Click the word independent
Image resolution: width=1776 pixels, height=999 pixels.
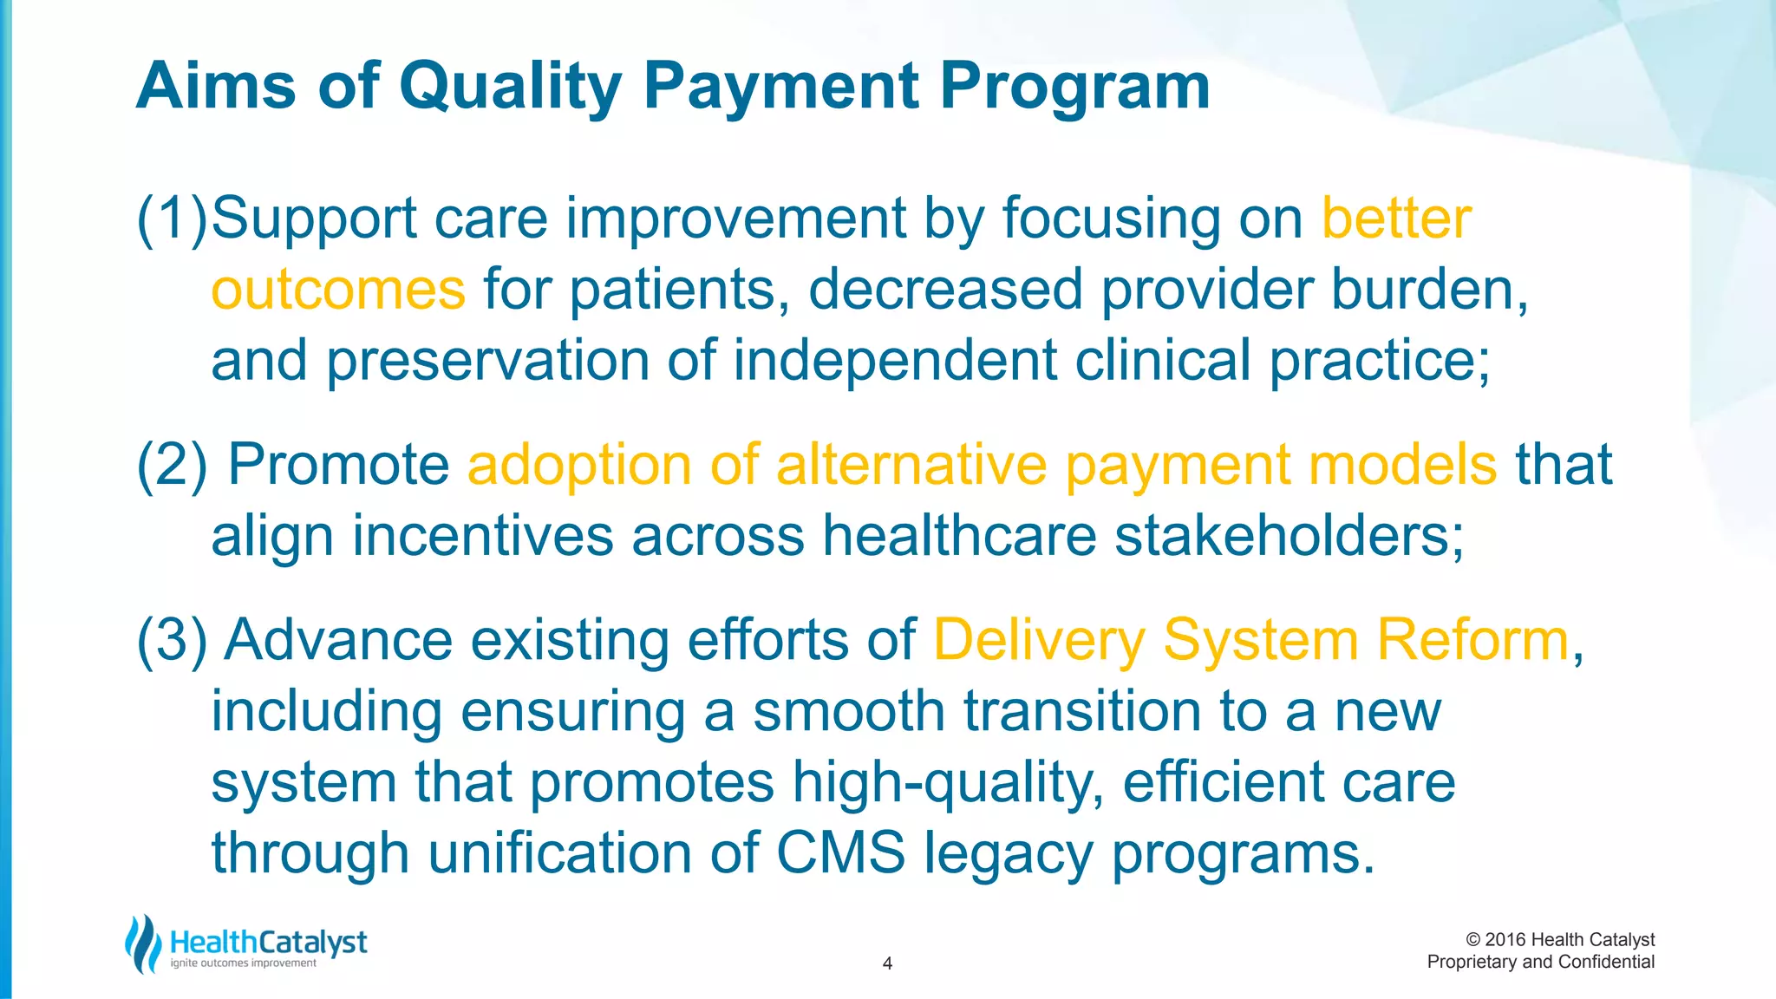[x=895, y=360]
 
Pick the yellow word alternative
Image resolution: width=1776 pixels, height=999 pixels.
[x=911, y=465]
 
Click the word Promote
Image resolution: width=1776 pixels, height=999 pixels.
[x=338, y=465]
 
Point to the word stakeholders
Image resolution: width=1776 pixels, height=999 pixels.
[x=1282, y=536]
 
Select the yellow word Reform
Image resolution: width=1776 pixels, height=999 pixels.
[x=1472, y=640]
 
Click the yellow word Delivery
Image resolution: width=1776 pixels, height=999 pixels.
[x=1039, y=640]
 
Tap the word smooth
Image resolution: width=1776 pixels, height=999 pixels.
[x=848, y=711]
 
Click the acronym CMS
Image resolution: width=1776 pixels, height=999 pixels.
[x=840, y=853]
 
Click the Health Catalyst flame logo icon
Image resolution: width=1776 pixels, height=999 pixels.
[x=143, y=943]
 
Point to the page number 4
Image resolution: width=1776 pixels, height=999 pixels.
[x=887, y=963]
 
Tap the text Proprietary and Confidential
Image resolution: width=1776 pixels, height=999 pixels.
[x=1540, y=962]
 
